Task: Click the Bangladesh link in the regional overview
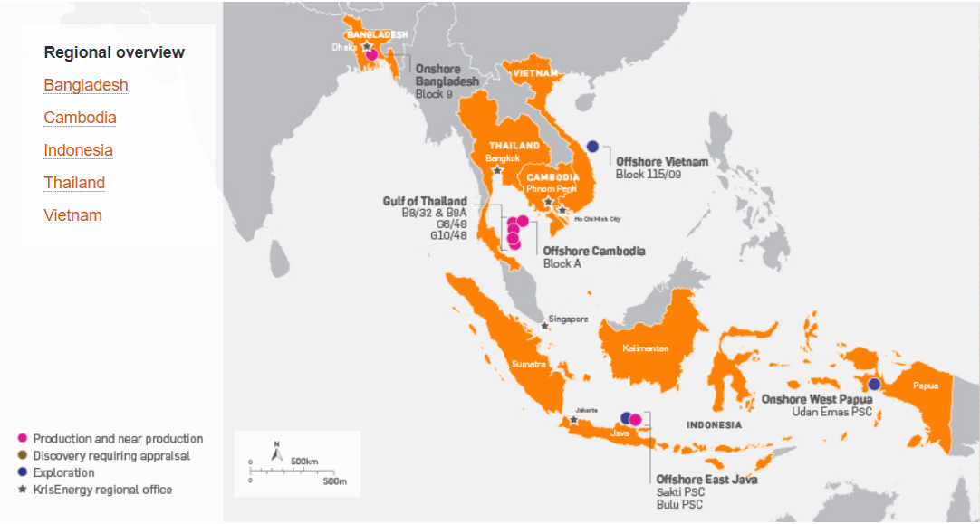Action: coord(86,85)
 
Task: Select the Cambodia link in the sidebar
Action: coord(80,118)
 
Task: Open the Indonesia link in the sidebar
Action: coord(78,150)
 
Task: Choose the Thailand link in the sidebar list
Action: coord(74,183)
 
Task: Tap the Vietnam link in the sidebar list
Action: coord(72,215)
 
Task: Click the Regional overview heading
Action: coord(114,52)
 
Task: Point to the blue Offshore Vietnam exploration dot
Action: coord(593,146)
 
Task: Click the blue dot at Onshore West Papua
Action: coord(874,384)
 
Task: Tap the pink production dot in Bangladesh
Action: coord(372,54)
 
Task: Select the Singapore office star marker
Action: coord(544,325)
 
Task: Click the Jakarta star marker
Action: coord(574,419)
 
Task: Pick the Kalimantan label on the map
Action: coord(645,348)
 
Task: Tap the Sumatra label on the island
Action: coord(529,364)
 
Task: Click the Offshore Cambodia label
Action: coord(594,251)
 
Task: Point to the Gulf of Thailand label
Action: coord(425,201)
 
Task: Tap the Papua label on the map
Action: coord(926,386)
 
